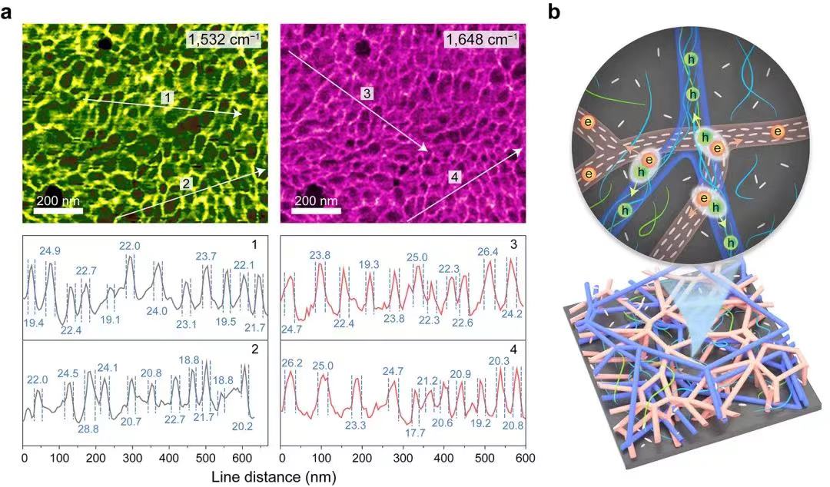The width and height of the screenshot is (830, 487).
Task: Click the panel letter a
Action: point(7,14)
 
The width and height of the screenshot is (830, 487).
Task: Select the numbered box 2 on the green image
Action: point(185,183)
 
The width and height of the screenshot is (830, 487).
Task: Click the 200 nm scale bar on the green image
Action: point(58,210)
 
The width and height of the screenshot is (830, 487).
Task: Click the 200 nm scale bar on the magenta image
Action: point(317,210)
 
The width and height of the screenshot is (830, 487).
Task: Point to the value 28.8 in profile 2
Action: point(91,429)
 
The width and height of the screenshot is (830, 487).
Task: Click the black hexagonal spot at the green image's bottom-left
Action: point(53,191)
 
